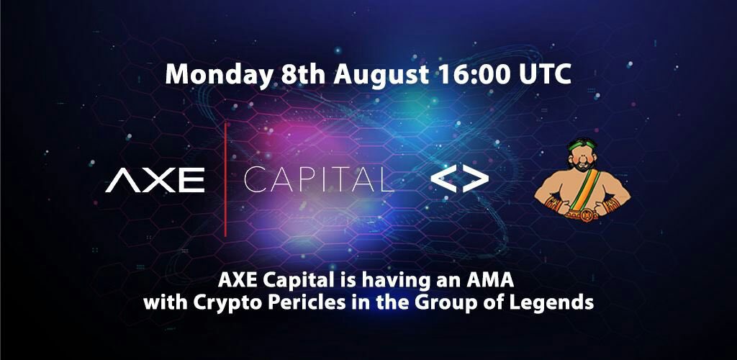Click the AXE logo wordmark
click(x=155, y=180)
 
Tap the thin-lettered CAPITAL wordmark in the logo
click(x=319, y=180)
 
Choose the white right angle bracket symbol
click(x=476, y=181)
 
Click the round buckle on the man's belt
click(x=584, y=212)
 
